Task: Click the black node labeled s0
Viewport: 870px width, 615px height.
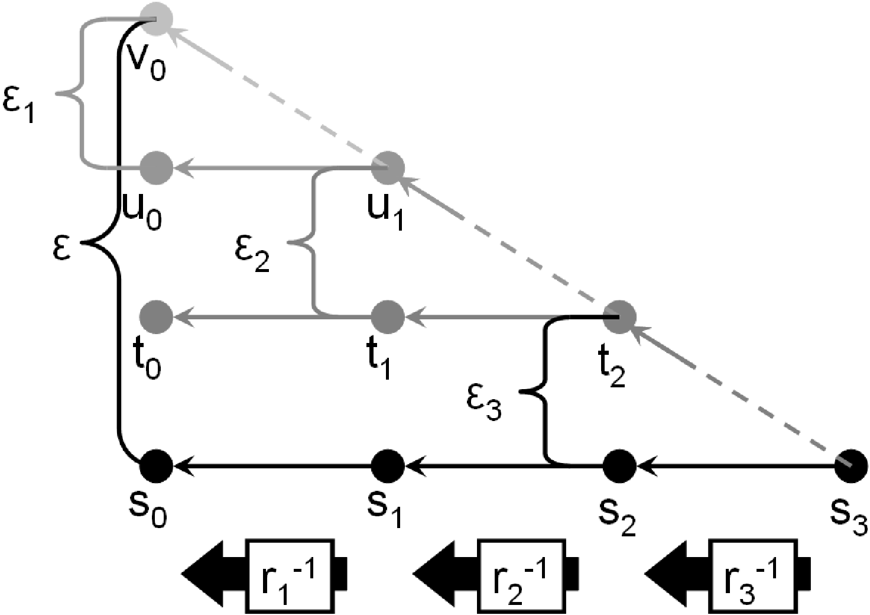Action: click(x=156, y=466)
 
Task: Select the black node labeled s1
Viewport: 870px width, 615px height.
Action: click(x=388, y=466)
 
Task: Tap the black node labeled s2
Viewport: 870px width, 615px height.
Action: click(x=619, y=466)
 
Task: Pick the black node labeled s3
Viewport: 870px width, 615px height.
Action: click(x=851, y=466)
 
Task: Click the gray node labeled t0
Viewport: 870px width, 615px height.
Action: click(x=156, y=317)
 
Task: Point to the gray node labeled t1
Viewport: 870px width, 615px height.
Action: click(x=388, y=317)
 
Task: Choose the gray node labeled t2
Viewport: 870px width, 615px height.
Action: click(x=619, y=317)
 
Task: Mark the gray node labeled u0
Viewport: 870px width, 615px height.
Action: click(x=156, y=168)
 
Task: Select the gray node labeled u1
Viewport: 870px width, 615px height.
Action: click(x=388, y=168)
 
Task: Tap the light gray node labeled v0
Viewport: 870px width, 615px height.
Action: click(x=156, y=19)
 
